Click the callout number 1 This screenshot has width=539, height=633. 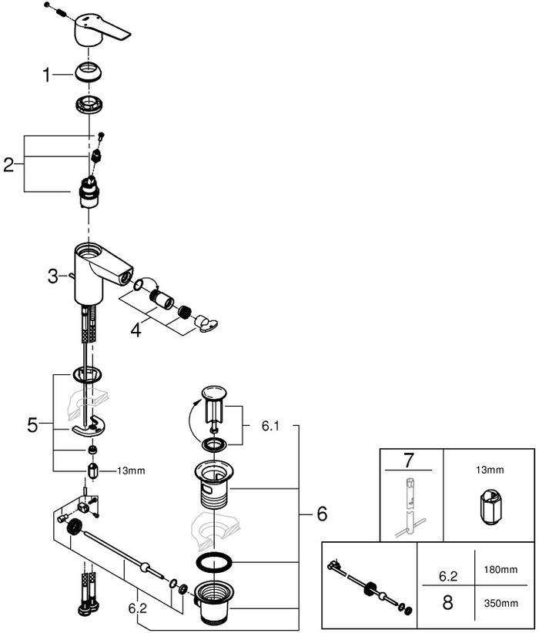click(x=47, y=75)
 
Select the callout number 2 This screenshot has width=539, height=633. click(x=9, y=164)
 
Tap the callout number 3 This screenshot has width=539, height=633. click(x=52, y=276)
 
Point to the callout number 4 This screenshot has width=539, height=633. click(x=136, y=330)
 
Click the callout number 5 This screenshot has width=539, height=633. click(x=32, y=424)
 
